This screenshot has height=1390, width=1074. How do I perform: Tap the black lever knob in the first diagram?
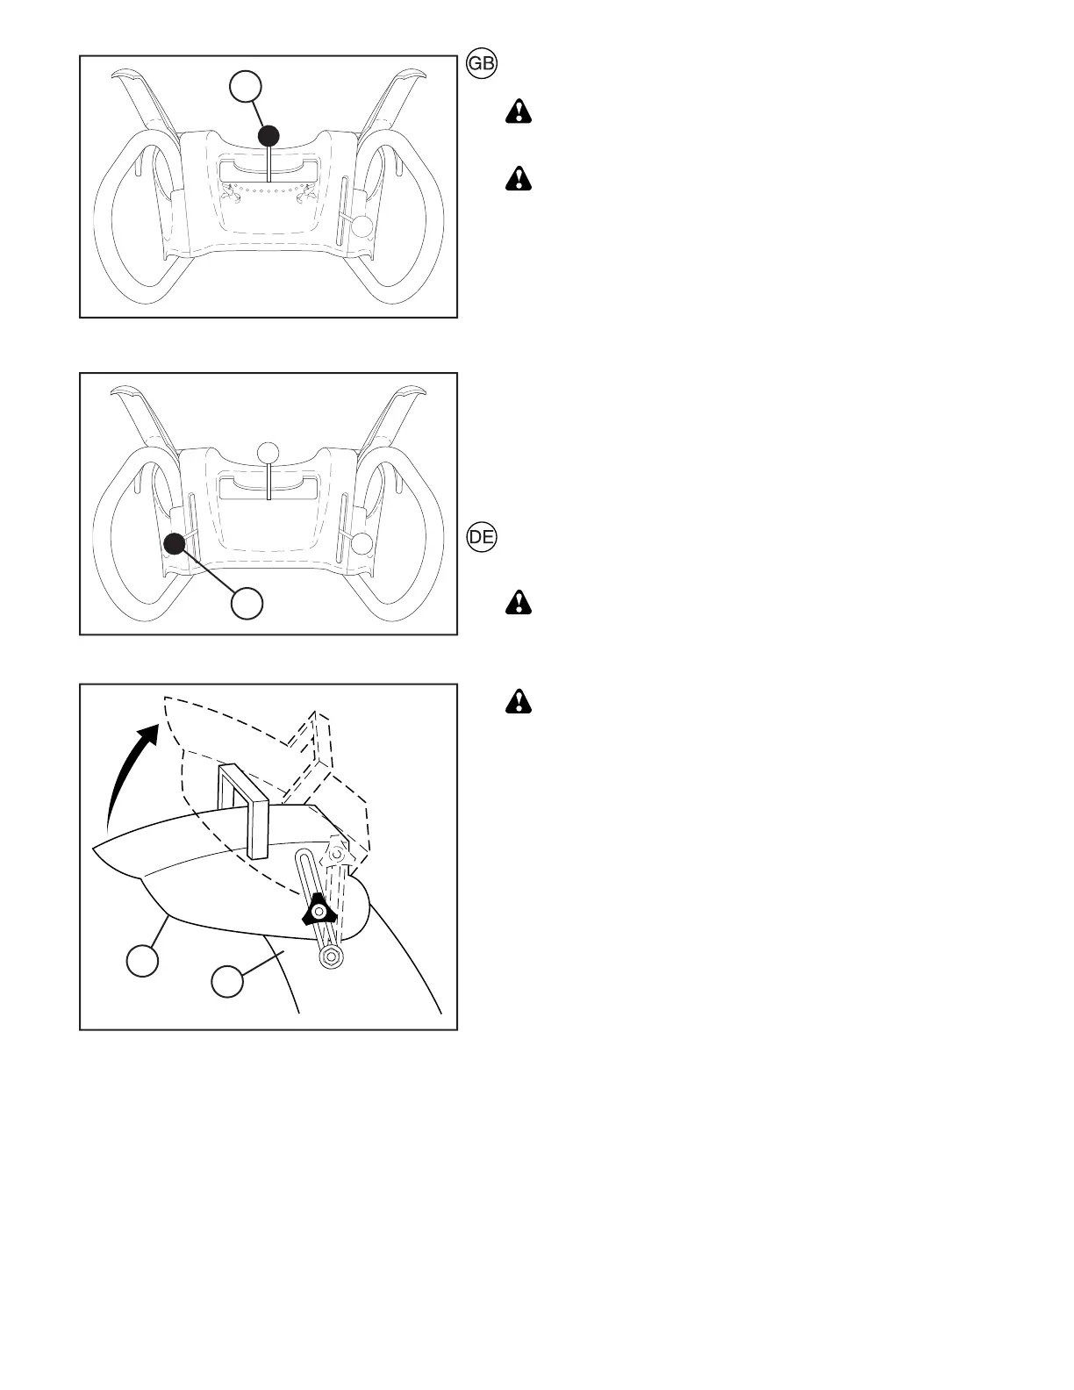click(x=269, y=136)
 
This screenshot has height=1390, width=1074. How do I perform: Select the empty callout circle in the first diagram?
click(x=246, y=86)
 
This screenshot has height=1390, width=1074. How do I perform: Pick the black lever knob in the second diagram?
click(x=175, y=544)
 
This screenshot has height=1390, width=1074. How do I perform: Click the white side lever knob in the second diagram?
click(x=362, y=543)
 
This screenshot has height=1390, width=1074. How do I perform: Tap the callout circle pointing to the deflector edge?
click(x=143, y=959)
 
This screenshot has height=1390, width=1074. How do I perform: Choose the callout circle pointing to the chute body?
click(x=227, y=981)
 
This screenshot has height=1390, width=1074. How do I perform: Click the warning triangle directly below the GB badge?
click(x=519, y=112)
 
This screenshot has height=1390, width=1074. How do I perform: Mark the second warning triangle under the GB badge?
click(x=519, y=179)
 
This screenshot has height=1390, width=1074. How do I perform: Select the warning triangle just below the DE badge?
click(x=519, y=603)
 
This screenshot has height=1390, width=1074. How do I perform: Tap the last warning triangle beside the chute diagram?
click(x=519, y=701)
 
